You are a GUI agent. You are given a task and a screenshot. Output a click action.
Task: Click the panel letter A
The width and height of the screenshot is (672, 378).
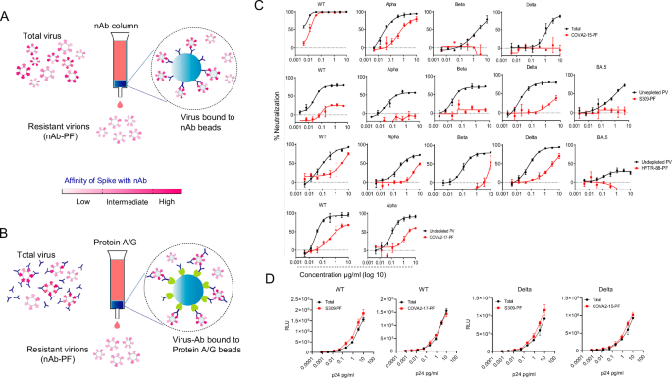9,9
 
